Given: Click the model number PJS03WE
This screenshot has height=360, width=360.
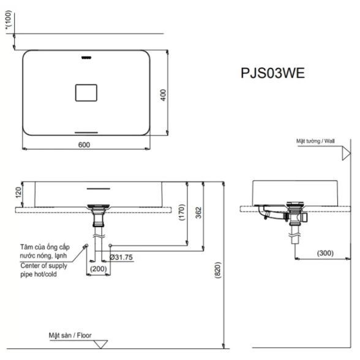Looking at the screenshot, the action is pos(273,73).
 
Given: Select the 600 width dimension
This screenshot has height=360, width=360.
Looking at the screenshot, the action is pos(84,145).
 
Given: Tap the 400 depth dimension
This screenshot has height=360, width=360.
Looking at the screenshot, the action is pos(163,95).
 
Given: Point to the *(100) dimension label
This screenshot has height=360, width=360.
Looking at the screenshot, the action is pos(9,20).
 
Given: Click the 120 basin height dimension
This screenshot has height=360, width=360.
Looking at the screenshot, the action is pos(18,192).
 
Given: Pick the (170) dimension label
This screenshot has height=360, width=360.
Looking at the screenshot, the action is pos(182,212).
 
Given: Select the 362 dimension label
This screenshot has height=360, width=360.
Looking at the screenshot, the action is pos(198,212).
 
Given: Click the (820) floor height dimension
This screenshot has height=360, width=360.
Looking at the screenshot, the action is pos(218,270).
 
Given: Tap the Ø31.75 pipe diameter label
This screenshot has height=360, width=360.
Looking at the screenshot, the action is pos(121,257).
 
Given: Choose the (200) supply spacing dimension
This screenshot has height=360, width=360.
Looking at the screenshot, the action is pos(99,269).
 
